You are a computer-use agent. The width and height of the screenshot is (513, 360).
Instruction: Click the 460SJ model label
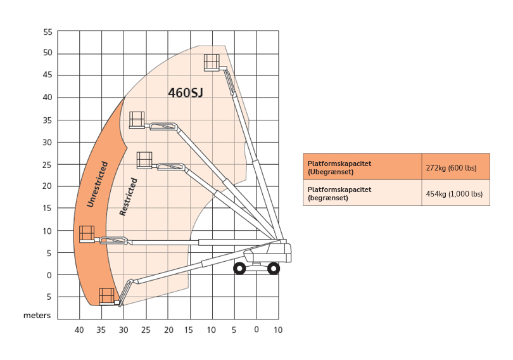(186, 93)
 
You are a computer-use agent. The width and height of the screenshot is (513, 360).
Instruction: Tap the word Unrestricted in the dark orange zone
(97, 184)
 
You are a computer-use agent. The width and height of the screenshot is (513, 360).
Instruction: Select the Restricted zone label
(128, 196)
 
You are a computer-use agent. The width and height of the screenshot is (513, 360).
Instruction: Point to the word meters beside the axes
(37, 316)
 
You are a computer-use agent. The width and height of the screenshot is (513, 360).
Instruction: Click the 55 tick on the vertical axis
(47, 32)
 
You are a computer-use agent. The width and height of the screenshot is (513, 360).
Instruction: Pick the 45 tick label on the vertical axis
(47, 75)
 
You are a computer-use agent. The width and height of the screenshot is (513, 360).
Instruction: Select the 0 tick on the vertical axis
(49, 276)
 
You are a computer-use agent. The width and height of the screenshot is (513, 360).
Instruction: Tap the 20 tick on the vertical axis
(47, 186)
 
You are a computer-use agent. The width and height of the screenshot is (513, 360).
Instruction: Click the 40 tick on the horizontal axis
(79, 330)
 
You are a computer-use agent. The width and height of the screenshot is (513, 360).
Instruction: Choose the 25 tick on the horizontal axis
(146, 330)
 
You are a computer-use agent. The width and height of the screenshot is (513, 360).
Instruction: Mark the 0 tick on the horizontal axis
(256, 330)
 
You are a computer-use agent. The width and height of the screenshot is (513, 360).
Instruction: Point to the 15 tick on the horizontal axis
(189, 330)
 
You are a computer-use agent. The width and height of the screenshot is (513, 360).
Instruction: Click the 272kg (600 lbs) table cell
(456, 167)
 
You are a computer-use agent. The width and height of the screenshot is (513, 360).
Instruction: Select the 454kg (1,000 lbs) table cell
(456, 193)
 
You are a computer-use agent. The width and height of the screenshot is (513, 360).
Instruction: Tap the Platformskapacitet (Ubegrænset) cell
(362, 167)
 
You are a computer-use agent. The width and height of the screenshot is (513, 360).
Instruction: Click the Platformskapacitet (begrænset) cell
(362, 193)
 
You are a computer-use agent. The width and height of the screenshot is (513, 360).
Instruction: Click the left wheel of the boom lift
(239, 269)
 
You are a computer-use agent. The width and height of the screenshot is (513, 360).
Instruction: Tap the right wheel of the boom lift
(274, 269)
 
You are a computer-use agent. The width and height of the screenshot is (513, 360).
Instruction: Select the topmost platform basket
(212, 63)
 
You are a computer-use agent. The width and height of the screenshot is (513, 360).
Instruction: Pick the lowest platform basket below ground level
(106, 297)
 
